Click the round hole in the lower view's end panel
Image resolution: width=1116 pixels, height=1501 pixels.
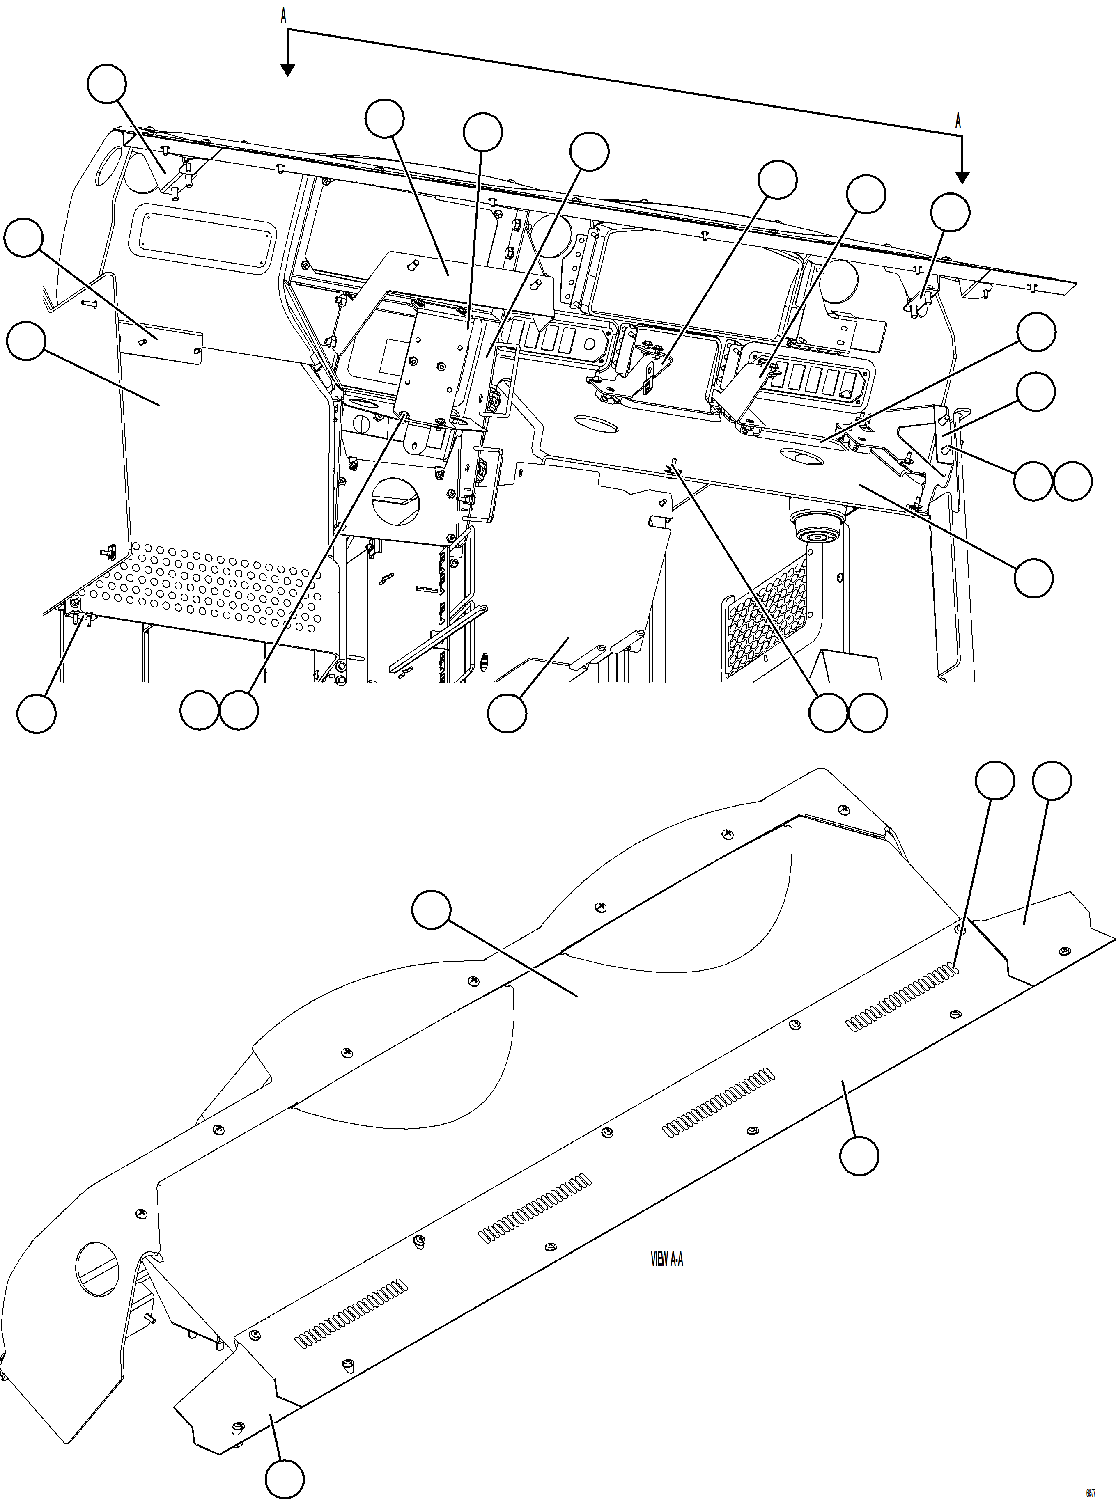(98, 1269)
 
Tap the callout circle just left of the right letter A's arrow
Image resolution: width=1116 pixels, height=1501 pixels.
(950, 213)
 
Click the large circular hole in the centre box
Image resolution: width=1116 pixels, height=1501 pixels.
(397, 501)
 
